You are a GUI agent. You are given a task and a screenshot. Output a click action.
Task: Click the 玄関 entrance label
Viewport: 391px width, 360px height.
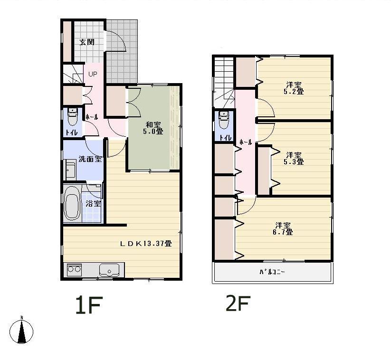86,42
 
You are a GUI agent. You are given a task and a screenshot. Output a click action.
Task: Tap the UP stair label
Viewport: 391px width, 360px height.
93,74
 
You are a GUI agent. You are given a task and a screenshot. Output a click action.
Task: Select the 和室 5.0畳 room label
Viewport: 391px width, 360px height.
153,128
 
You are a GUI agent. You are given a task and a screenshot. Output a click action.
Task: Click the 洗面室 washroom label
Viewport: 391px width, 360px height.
90,160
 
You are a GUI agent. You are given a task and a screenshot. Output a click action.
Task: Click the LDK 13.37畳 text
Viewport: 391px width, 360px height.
145,244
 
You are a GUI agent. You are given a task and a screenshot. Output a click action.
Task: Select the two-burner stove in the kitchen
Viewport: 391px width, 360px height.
74,269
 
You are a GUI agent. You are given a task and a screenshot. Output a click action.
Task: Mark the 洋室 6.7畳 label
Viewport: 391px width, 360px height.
283,228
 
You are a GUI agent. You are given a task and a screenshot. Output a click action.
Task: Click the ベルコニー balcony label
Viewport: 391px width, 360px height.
272,272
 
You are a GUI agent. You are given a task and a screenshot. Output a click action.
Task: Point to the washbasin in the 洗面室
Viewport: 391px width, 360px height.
70,170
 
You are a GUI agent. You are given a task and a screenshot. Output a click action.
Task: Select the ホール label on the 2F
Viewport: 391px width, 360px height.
246,142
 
